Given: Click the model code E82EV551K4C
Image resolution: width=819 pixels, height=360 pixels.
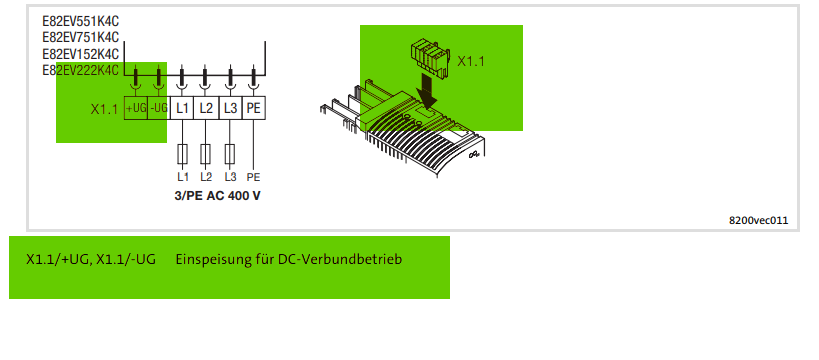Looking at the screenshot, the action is click(80, 21).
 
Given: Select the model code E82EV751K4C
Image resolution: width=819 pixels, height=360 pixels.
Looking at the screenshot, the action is click(80, 38).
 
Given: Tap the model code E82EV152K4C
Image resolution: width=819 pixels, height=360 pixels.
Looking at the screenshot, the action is click(80, 54).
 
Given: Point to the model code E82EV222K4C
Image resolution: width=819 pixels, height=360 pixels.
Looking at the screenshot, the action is click(80, 70).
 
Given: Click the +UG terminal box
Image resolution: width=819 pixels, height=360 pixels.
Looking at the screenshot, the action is click(136, 108).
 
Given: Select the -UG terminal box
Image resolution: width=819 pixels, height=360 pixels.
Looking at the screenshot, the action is click(159, 108).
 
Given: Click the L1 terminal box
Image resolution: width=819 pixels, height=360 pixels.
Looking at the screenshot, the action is click(182, 108).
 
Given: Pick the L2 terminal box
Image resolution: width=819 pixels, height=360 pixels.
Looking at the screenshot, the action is click(206, 108).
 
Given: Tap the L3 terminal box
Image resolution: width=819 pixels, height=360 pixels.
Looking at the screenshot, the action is click(230, 108).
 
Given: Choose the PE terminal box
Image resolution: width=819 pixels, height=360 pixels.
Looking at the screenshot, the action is click(254, 108).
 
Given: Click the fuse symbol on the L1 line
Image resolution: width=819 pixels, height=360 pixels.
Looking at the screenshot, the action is click(182, 154).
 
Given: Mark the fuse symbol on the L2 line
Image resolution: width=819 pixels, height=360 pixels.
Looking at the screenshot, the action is click(206, 154).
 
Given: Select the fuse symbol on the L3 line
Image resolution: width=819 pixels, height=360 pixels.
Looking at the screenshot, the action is click(230, 154).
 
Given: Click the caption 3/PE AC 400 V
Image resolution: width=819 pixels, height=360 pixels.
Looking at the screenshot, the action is click(217, 196).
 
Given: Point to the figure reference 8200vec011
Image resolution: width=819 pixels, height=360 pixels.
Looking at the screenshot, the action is click(758, 220).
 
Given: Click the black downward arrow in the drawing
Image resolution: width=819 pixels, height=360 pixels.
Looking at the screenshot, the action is click(427, 89).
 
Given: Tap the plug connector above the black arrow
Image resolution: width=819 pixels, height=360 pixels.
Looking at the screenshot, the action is click(430, 59).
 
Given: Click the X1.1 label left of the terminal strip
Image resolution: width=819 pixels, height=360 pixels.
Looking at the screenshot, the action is click(104, 109).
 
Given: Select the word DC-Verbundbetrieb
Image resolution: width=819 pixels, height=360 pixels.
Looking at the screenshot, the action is click(340, 259).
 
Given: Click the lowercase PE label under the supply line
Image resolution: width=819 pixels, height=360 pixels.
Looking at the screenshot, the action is click(253, 177).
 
